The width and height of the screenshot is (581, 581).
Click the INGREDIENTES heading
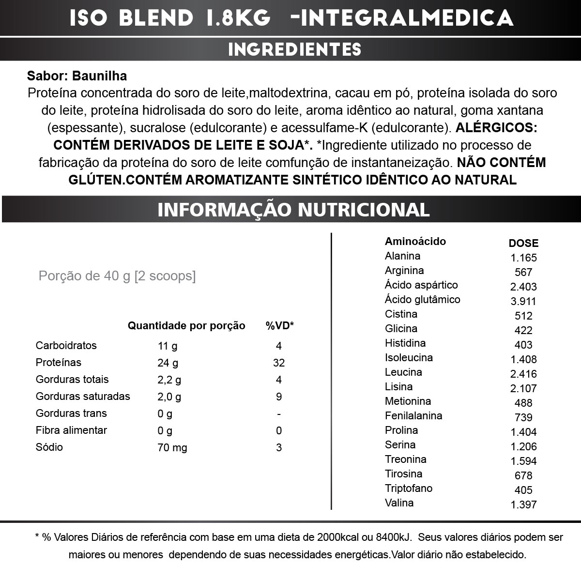coord(294,49)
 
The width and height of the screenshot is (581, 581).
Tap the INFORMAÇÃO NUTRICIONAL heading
coord(293,210)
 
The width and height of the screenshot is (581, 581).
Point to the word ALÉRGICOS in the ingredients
coord(496,128)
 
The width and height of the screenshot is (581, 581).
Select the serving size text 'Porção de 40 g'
coord(85,276)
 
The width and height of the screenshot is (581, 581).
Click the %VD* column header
coord(280,326)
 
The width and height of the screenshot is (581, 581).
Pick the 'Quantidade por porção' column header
coord(186,326)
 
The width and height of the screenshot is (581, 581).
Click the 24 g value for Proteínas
coord(168,363)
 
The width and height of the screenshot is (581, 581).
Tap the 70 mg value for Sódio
coord(172,447)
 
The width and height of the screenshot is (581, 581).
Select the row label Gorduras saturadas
coord(83,397)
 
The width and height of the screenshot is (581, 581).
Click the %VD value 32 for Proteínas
coord(279,363)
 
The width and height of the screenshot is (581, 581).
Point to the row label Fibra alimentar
coord(71,430)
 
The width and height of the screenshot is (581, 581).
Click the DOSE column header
coord(523,243)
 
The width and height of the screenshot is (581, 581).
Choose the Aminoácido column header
coord(415,241)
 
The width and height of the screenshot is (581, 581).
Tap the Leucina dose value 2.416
coord(523,374)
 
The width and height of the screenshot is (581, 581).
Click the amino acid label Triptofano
coord(409,488)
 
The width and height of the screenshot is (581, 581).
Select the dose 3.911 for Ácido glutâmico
coord(523,301)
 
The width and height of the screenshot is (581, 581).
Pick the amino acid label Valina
coord(399,503)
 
